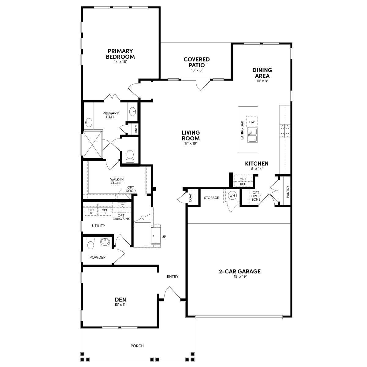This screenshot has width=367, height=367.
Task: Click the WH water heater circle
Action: (232, 195)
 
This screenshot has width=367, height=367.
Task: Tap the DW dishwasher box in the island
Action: (252, 122)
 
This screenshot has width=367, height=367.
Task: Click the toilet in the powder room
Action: (91, 243)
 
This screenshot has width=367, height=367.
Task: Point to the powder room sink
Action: (105, 242)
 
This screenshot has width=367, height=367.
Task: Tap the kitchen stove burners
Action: (285, 131)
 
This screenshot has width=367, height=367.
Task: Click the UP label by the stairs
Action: (164, 237)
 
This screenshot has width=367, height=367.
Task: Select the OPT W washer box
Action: (91, 211)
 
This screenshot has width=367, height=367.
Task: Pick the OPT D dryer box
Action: (104, 211)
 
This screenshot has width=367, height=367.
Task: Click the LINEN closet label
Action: (136, 129)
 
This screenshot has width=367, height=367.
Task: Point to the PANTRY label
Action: (288, 192)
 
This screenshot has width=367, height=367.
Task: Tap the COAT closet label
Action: (190, 198)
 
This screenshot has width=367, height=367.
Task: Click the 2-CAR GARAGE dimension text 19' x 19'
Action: (240, 276)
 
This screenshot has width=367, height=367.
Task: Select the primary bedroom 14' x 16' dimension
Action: (120, 62)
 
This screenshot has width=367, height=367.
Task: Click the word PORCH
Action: (137, 346)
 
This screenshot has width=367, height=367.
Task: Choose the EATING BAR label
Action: (242, 130)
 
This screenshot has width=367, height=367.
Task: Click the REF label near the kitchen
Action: (243, 184)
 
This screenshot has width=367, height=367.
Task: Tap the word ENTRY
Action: (173, 276)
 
